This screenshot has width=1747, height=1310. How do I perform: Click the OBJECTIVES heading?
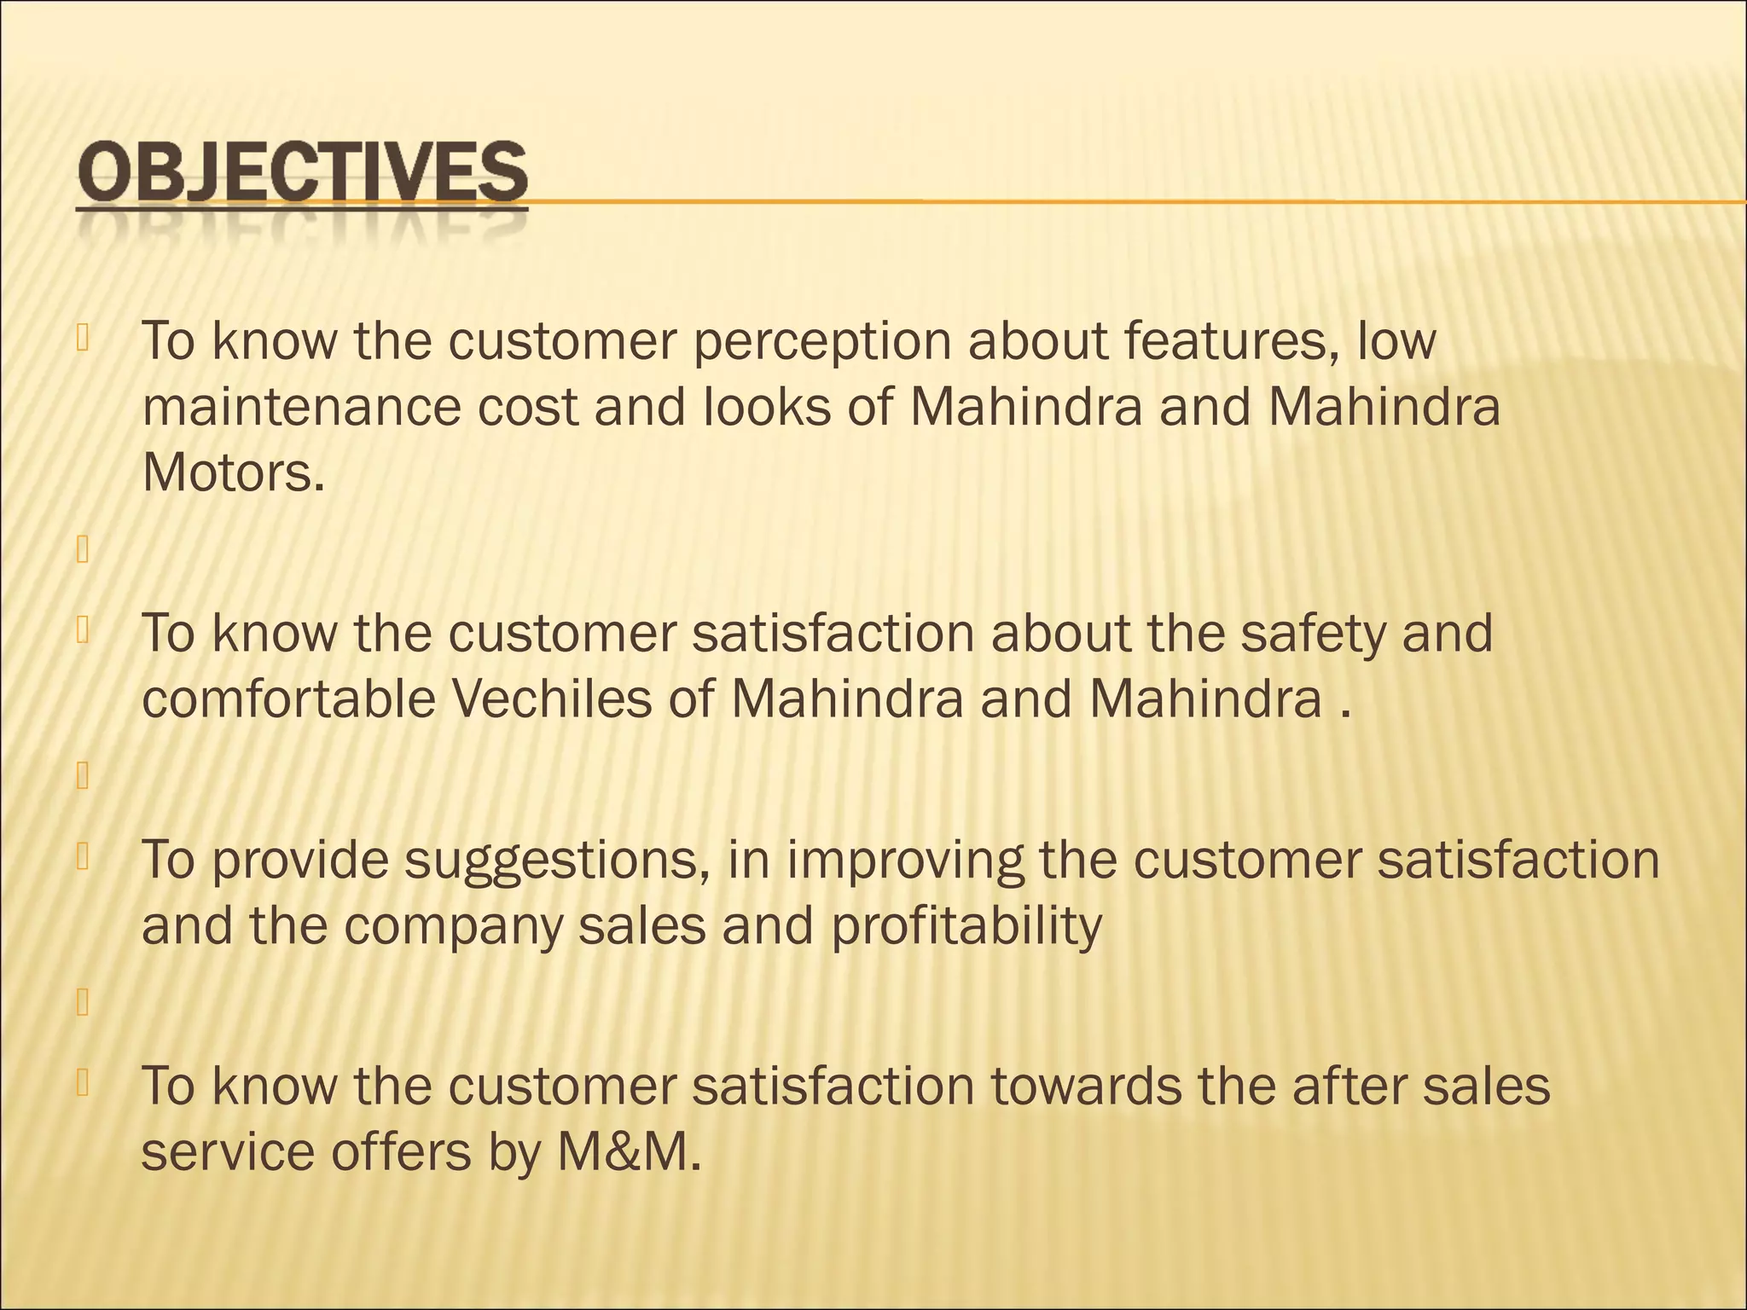[302, 175]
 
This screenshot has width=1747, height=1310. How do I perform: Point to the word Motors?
[233, 472]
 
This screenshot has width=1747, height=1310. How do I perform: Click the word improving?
[904, 861]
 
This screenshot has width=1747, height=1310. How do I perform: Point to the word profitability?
[966, 927]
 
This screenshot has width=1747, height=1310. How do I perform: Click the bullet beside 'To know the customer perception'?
[83, 338]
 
